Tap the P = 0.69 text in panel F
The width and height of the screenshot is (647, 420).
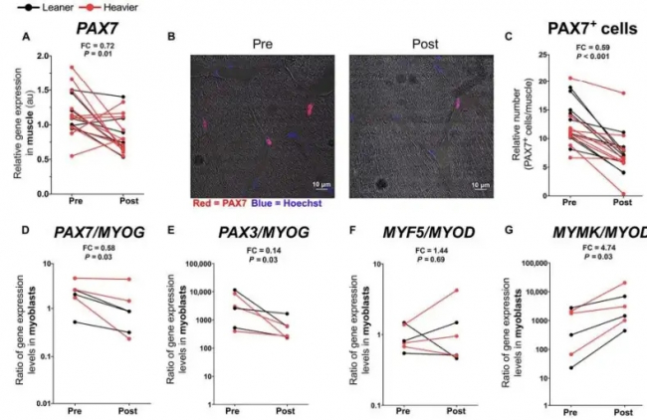[x=410, y=264]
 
